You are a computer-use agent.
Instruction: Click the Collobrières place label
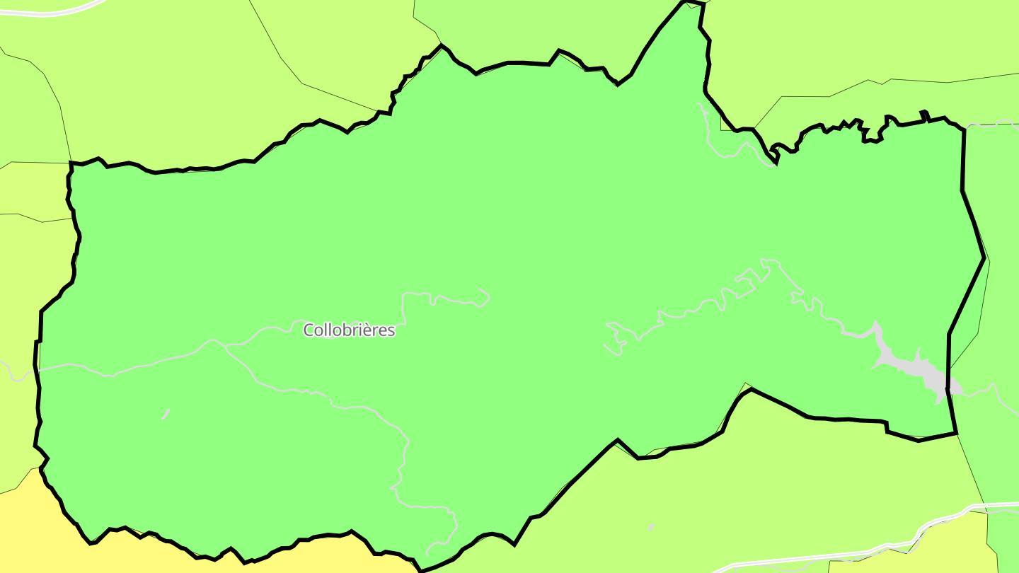click(x=349, y=330)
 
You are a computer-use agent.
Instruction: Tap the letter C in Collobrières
click(x=309, y=330)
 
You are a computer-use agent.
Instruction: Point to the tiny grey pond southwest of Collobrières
click(x=166, y=413)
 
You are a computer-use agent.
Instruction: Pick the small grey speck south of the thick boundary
click(x=651, y=527)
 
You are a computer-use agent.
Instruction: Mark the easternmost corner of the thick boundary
click(x=984, y=258)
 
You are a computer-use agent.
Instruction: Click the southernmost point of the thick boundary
click(x=420, y=570)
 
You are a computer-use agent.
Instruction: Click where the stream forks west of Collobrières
click(x=225, y=345)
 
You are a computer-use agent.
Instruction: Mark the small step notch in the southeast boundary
click(x=886, y=427)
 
